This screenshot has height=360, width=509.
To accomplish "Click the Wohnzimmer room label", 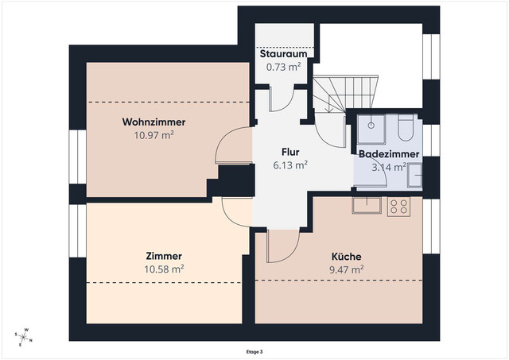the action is coord(153,122).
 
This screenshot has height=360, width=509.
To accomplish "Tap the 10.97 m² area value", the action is coord(153,135).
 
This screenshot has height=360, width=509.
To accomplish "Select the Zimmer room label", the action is coord(164,256).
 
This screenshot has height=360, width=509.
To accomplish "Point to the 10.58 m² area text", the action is coord(164,269).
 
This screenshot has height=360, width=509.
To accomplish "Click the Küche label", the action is coord(347,256).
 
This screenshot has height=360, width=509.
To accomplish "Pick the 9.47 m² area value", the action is coord(347,269).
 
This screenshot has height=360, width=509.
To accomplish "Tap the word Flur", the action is coord(290,152).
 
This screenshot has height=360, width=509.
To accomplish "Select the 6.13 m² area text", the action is coord(290,165).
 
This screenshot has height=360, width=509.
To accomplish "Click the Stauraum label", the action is coord(283,53).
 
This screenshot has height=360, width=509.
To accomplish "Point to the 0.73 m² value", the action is coord(283,67).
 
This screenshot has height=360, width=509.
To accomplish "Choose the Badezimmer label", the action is coord(389,154).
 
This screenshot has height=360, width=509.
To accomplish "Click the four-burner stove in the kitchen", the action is coord(398,207).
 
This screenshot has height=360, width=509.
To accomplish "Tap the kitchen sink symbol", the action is coord(367,205).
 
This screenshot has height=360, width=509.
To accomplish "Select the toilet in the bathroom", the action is coord(406,127).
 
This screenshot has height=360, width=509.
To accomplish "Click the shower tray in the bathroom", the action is coord(371,129).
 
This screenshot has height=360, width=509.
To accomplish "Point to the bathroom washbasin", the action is coord(414,176).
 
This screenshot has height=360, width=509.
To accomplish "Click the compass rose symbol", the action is coord(23,338).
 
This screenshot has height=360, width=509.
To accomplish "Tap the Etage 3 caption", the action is coord(254,352).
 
